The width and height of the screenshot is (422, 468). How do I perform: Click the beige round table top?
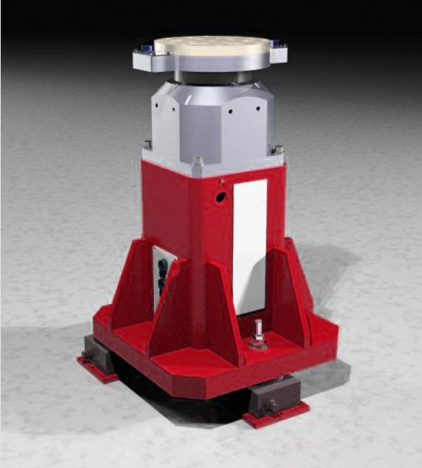point(211,46)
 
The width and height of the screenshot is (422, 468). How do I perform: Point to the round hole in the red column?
point(221,197)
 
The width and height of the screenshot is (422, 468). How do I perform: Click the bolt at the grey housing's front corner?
point(198,164)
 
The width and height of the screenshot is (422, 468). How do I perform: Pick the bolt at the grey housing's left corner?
point(147,144)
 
